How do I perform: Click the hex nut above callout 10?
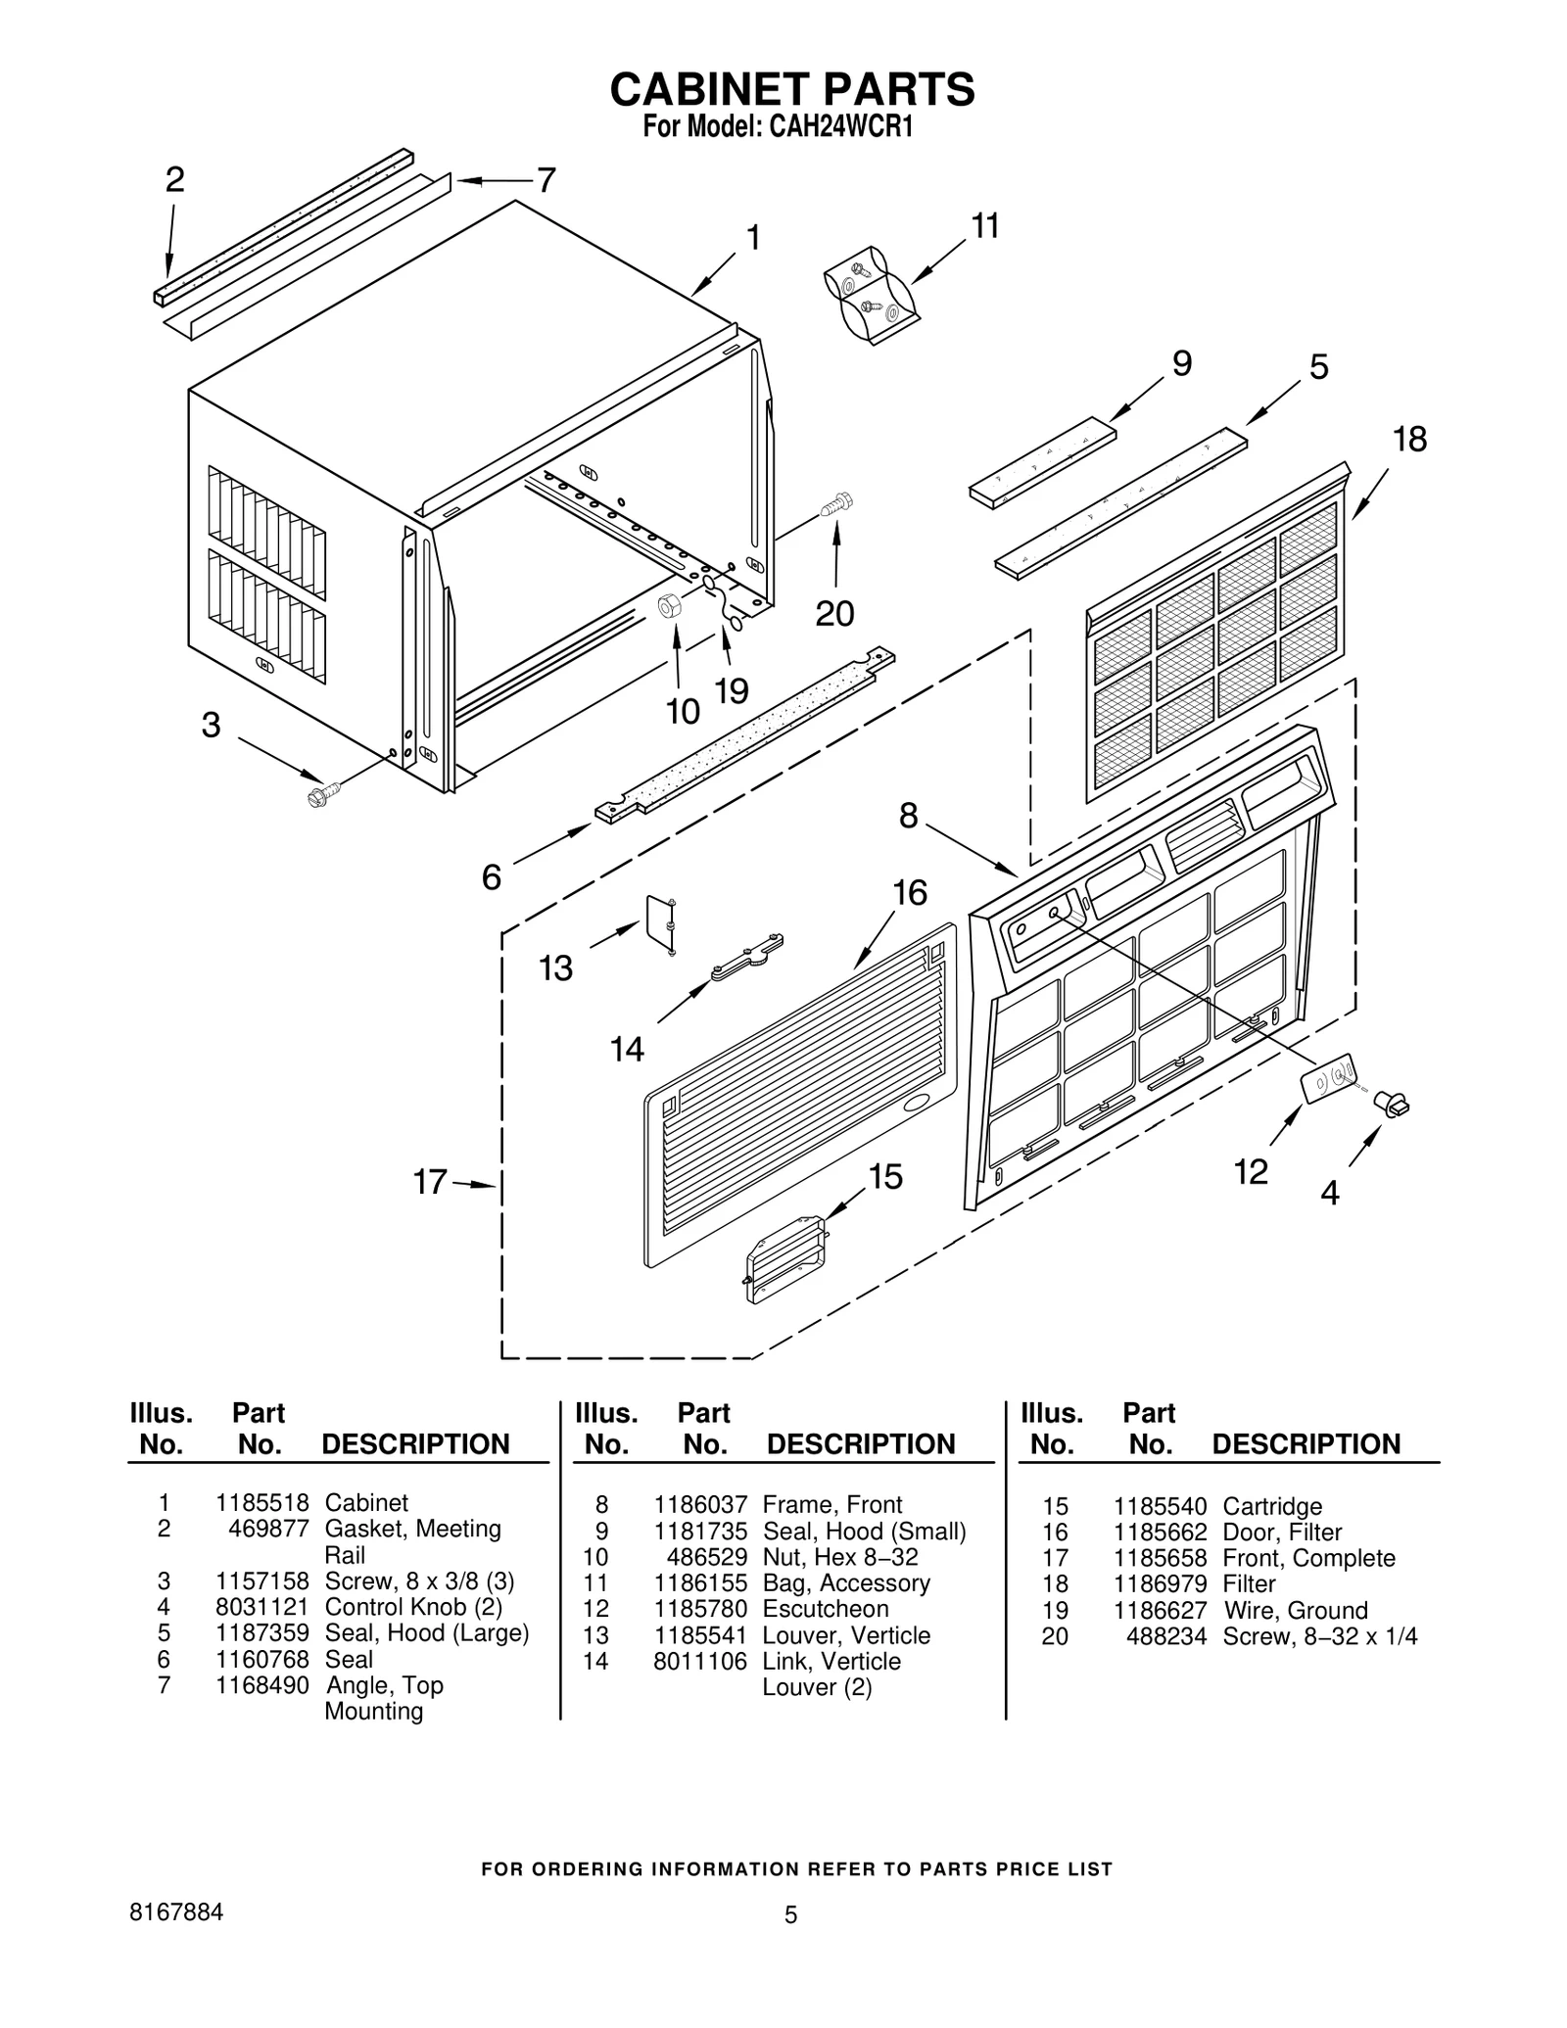(669, 605)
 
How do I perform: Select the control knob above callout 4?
(1392, 1104)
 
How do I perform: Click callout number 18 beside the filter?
(1409, 440)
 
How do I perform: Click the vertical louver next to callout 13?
(659, 921)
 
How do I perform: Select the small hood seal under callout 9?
(1042, 462)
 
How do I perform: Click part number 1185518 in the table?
(261, 1502)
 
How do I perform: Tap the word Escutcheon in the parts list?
(825, 1609)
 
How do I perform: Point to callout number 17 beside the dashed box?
(430, 1182)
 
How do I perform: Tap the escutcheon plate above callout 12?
(1328, 1079)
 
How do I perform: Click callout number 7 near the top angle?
(546, 180)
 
